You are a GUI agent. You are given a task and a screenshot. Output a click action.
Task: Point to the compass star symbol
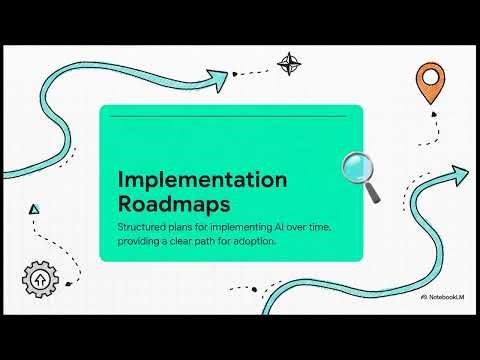290,65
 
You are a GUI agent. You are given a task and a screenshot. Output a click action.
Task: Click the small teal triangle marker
35,209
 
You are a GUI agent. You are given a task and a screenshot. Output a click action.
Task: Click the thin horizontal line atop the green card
230,116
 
